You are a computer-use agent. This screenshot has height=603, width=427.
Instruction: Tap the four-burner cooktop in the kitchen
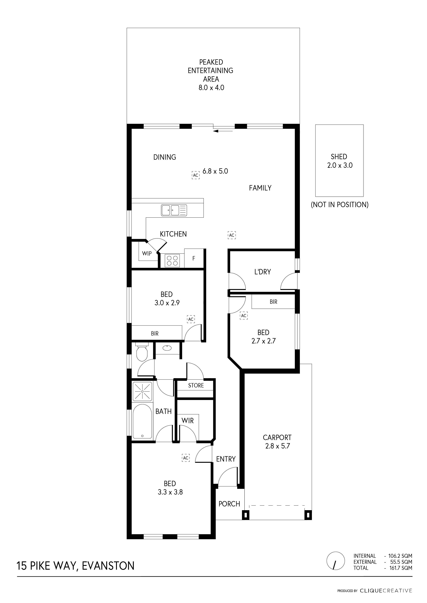[x=172, y=261]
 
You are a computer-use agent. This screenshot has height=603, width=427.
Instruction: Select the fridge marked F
[x=194, y=258]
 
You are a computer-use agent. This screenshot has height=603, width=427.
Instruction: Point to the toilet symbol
[x=142, y=352]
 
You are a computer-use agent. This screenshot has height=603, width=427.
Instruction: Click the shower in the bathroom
[x=142, y=392]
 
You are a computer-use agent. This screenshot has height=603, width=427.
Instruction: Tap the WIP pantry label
[x=147, y=253]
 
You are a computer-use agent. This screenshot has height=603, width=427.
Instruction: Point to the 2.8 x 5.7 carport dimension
[x=277, y=446]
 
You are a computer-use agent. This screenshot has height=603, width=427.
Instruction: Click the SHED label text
[x=339, y=157]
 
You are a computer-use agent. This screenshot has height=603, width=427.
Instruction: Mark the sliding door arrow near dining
[x=223, y=131]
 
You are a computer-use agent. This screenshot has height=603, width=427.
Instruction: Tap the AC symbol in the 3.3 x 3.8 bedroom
[x=186, y=458]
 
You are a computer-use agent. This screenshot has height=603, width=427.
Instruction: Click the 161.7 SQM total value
[x=401, y=568]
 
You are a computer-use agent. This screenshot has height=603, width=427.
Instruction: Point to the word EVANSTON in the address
[x=108, y=566]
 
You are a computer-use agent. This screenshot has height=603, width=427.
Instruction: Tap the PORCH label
[x=229, y=504]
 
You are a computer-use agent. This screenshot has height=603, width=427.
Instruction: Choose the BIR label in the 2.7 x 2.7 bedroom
[x=273, y=302]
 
